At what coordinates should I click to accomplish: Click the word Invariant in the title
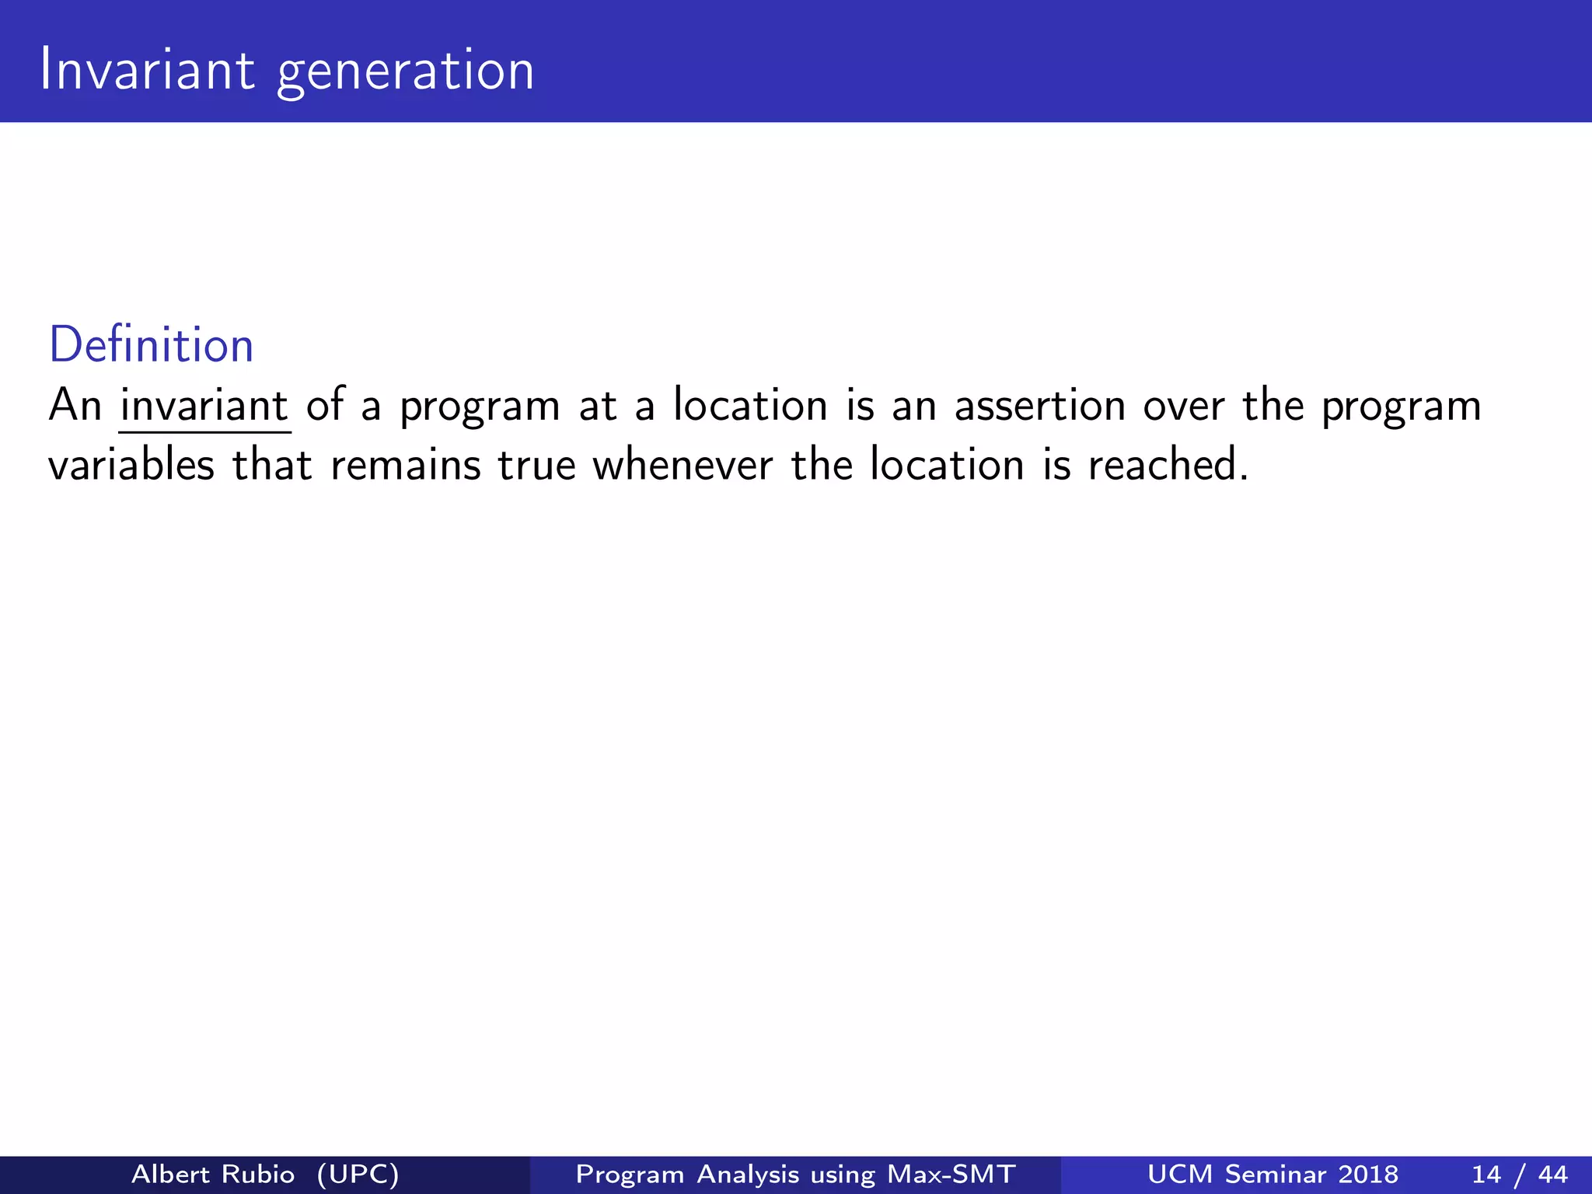[x=147, y=70]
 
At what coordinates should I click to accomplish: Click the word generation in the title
[x=406, y=73]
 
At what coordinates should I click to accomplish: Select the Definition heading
[x=152, y=345]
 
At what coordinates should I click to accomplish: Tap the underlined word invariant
[x=204, y=406]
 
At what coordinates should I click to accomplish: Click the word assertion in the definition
[x=1039, y=406]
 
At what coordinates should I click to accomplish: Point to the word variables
[x=131, y=466]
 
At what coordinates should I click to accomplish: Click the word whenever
[x=683, y=466]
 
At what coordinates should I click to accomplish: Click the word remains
[x=406, y=466]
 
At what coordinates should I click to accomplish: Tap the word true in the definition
[x=536, y=466]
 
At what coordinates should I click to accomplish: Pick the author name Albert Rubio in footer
[x=213, y=1174]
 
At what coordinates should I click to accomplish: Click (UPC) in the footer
[x=358, y=1174]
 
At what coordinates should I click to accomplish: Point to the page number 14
[x=1486, y=1174]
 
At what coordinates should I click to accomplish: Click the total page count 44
[x=1552, y=1174]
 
